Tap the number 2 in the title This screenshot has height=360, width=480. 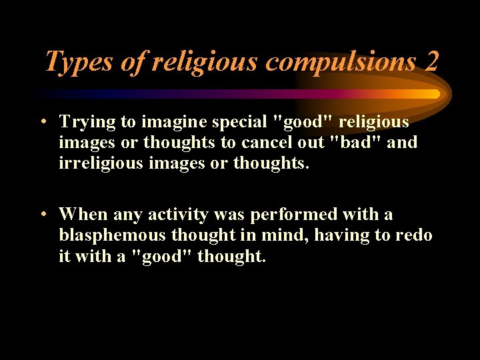pyautogui.click(x=431, y=62)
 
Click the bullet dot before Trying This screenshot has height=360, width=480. pyautogui.click(x=42, y=122)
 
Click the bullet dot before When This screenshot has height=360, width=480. pyautogui.click(x=42, y=215)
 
